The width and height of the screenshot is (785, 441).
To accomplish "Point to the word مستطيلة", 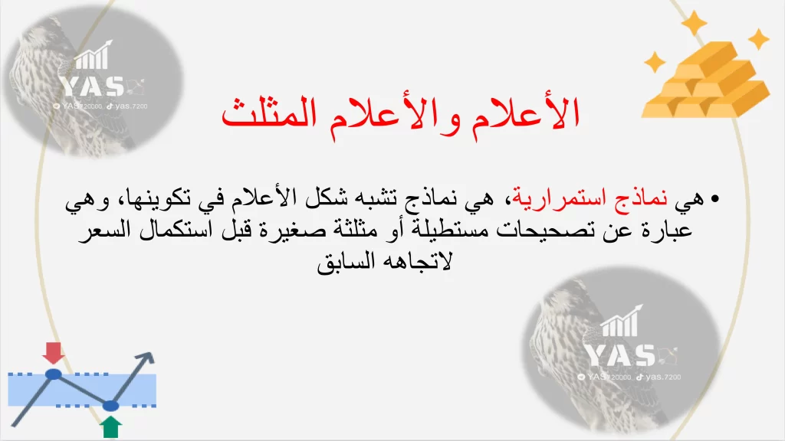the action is click(442, 230).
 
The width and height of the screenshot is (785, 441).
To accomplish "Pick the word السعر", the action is click(106, 230).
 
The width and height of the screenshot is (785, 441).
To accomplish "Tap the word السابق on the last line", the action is click(347, 262).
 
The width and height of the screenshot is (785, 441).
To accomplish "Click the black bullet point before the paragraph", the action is click(714, 199).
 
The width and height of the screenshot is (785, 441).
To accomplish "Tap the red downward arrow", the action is click(53, 353).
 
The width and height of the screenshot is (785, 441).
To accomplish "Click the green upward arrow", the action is click(110, 427).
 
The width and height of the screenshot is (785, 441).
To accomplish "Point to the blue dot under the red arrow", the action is click(53, 374).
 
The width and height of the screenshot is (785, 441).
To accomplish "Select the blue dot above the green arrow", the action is click(110, 406).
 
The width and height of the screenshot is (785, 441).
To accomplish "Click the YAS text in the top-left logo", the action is click(93, 86).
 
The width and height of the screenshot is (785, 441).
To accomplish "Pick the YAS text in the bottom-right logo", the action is click(620, 356).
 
